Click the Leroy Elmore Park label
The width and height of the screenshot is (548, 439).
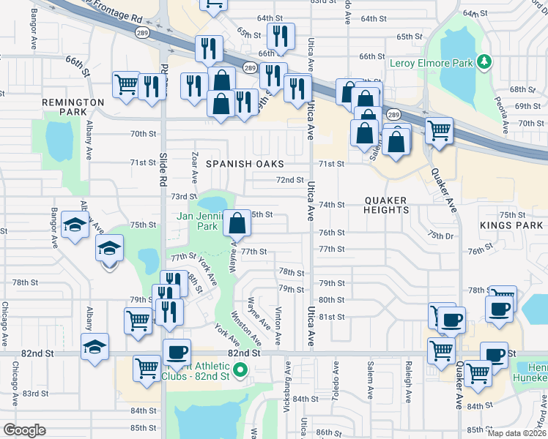(431, 64)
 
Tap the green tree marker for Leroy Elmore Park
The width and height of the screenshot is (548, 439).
(483, 63)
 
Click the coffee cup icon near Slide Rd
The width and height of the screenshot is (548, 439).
(176, 352)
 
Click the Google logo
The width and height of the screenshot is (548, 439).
(24, 430)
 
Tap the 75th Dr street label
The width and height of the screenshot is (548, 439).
(443, 236)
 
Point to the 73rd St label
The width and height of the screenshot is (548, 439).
(184, 196)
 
